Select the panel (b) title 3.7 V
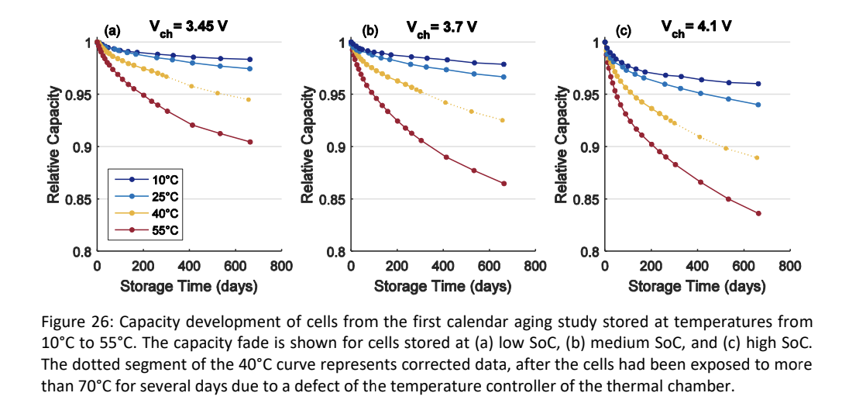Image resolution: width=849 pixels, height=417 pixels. click(442, 29)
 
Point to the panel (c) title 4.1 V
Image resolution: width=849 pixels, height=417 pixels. click(696, 29)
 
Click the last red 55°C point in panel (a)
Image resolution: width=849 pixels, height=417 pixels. click(250, 142)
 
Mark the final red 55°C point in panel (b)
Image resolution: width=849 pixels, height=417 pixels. click(504, 184)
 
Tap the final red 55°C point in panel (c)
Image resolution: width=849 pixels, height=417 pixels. click(758, 213)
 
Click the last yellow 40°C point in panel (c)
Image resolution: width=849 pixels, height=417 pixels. click(757, 157)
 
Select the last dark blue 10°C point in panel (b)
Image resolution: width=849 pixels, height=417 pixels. click(504, 64)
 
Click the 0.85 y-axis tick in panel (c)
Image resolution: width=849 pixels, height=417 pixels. click(584, 199)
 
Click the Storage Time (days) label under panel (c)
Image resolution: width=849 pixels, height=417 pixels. click(696, 286)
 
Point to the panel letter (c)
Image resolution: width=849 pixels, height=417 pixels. click(623, 32)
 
